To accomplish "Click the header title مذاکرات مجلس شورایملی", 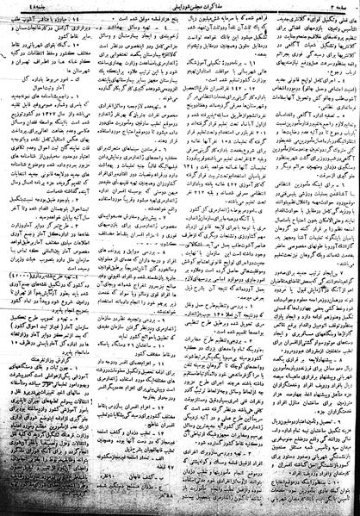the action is tap(177, 6).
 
